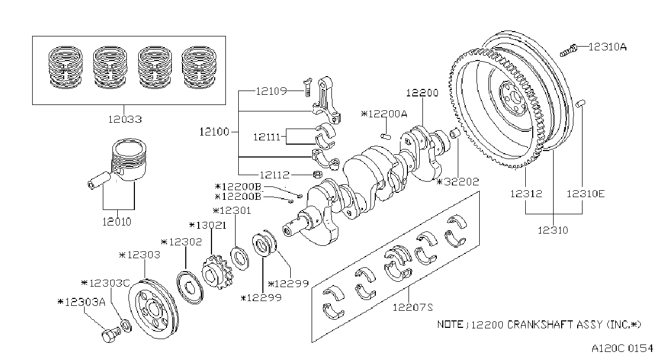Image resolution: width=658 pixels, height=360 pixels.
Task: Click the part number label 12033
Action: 125,119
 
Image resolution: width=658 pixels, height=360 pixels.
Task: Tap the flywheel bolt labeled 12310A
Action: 568,51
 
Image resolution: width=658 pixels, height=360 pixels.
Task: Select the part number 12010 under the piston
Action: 117,222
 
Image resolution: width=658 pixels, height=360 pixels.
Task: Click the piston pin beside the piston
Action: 99,181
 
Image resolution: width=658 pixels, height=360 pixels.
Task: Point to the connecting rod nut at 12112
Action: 317,175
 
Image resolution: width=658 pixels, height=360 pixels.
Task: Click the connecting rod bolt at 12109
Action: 307,87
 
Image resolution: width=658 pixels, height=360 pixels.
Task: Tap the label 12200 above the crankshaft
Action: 422,93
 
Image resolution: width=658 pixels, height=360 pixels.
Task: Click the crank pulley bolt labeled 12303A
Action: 111,335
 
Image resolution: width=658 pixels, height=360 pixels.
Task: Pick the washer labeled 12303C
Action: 126,326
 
